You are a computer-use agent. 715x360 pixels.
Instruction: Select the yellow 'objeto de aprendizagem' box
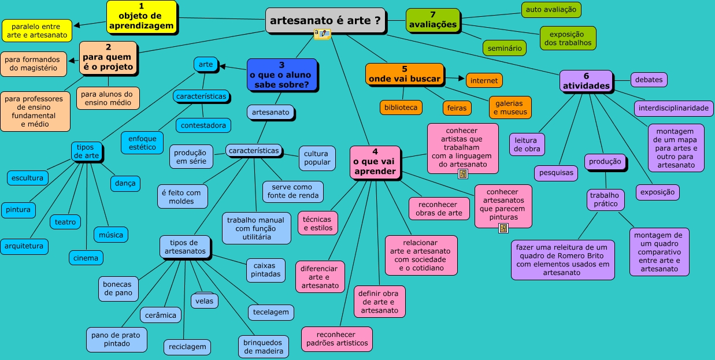[142, 17]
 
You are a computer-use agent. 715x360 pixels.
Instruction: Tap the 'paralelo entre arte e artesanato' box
[37, 31]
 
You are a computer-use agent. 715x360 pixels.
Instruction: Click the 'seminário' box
[505, 47]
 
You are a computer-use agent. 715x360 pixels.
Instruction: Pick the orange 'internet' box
[484, 80]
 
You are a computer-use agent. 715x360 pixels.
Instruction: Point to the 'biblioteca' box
[401, 107]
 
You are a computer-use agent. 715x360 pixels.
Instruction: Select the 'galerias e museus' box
[510, 107]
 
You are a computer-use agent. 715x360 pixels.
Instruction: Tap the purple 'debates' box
[649, 80]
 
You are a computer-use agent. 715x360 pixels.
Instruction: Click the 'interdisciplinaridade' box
[673, 108]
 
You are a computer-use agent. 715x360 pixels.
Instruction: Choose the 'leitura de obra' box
[527, 144]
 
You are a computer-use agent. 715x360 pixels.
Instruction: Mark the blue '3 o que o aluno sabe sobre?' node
[281, 75]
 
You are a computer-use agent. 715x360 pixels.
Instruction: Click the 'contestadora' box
[203, 125]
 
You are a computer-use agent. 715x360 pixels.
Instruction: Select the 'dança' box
[125, 183]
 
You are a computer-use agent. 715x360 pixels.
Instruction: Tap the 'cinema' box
[86, 258]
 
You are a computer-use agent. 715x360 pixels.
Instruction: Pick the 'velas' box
[204, 301]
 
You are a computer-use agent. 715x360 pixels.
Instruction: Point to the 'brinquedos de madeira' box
[263, 346]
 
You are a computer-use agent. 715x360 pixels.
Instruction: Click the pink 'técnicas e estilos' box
[318, 223]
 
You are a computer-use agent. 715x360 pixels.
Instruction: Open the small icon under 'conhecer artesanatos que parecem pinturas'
[503, 228]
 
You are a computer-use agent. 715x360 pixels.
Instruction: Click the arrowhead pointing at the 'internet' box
[461, 77]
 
